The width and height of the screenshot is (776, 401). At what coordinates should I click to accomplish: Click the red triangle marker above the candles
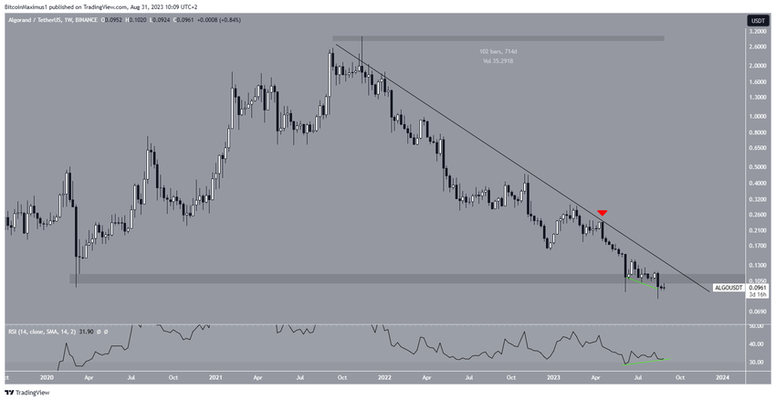[603, 213]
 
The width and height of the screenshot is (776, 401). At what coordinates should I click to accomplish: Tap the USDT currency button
[757, 20]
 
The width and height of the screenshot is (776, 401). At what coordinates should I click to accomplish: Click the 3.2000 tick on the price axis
[757, 31]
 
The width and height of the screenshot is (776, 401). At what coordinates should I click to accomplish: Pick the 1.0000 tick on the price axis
[757, 116]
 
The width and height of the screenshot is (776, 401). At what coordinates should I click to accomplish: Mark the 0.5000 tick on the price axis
[757, 167]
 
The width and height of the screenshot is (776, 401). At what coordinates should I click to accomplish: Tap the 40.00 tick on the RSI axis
[757, 344]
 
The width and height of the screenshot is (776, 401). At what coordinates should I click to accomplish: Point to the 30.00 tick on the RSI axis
[757, 363]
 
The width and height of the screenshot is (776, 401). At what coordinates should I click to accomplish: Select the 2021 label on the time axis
[215, 376]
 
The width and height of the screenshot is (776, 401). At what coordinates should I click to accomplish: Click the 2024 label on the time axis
[722, 376]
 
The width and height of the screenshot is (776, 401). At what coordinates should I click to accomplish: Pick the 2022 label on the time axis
[384, 376]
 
